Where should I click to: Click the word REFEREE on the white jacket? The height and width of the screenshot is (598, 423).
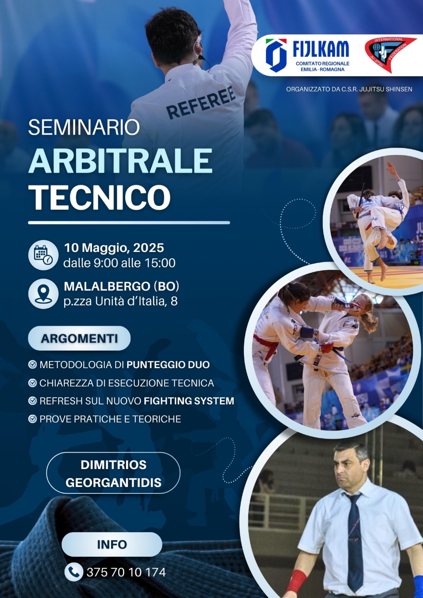[201, 102]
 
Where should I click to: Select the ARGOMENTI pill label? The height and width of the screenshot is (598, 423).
[79, 338]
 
